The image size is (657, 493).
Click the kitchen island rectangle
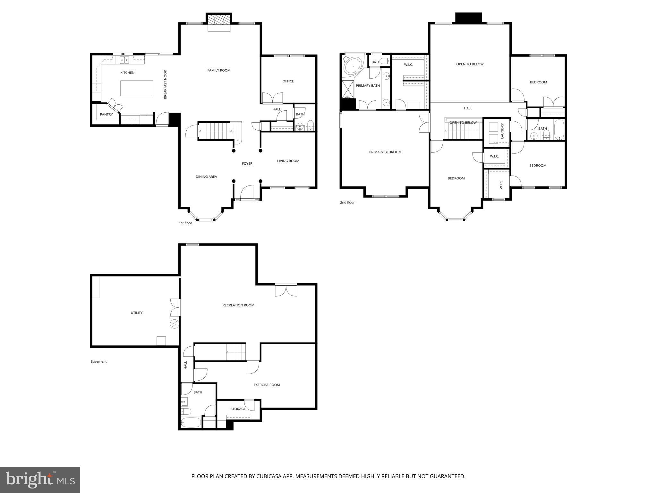[137, 88]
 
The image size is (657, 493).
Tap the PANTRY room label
[106, 114]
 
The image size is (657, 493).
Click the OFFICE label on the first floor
[288, 81]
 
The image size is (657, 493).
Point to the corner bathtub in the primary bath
[352, 66]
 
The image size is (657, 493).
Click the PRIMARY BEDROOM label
[385, 152]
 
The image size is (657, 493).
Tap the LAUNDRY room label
[502, 131]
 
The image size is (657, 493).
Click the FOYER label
[247, 164]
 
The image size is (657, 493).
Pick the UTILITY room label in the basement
[137, 313]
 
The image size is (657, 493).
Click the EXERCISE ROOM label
[267, 385]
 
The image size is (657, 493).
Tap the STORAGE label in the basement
[238, 409]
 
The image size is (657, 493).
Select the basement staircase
[236, 352]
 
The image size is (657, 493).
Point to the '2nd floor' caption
[347, 203]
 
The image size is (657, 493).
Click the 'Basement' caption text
[98, 361]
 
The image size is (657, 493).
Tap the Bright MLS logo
[40, 480]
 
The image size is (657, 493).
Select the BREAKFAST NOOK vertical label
[166, 84]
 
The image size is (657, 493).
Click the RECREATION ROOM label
[238, 305]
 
